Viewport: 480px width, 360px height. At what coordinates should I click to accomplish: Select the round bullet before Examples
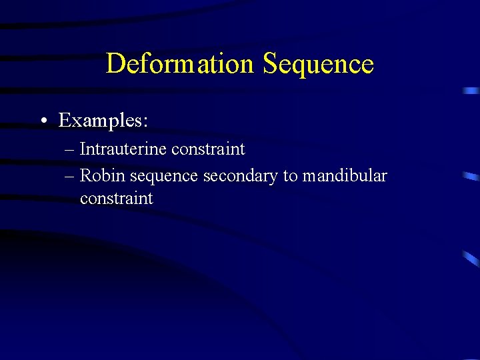pos(42,121)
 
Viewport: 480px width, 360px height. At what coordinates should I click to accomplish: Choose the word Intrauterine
pos(123,149)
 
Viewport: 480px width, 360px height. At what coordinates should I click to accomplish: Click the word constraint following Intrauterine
pos(208,149)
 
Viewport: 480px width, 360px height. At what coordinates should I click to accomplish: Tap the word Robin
pos(103,175)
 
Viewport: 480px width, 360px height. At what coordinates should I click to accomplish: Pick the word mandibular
pos(345,175)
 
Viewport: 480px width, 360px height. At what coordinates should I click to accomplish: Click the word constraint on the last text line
pos(116,199)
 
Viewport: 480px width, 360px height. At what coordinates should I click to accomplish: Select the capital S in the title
pos(270,64)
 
